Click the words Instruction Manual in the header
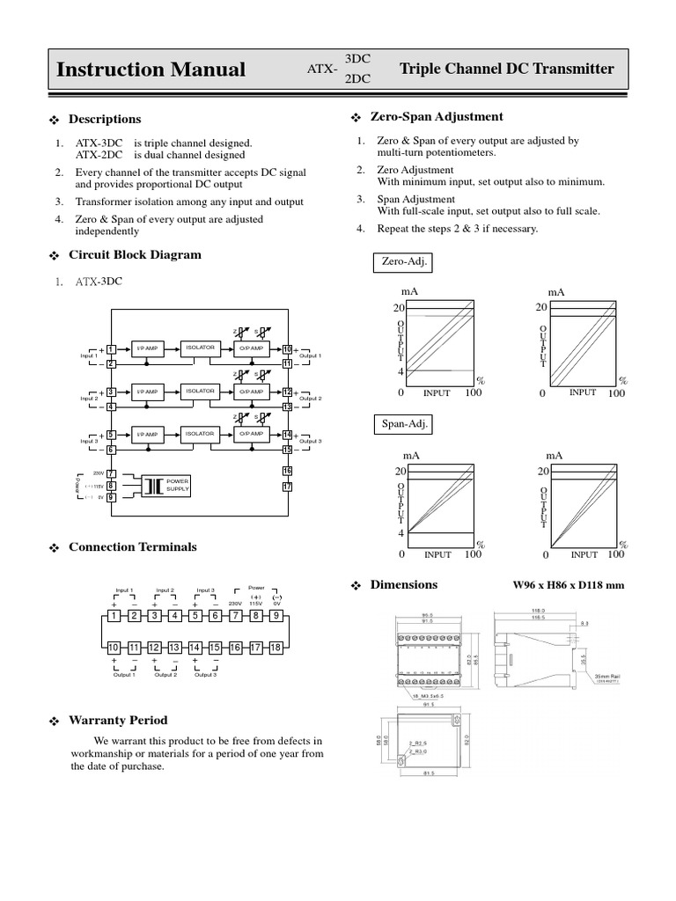151,70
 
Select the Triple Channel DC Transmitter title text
507,69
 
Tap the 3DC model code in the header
357,58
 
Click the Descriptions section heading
104,119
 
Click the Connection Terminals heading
132,546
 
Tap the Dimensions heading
403,584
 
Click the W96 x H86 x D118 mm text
568,585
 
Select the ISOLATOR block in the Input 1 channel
200,348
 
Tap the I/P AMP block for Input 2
146,392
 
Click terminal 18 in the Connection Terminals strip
276,648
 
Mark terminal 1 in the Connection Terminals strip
114,616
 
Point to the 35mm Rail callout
607,676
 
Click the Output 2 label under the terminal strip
165,674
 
